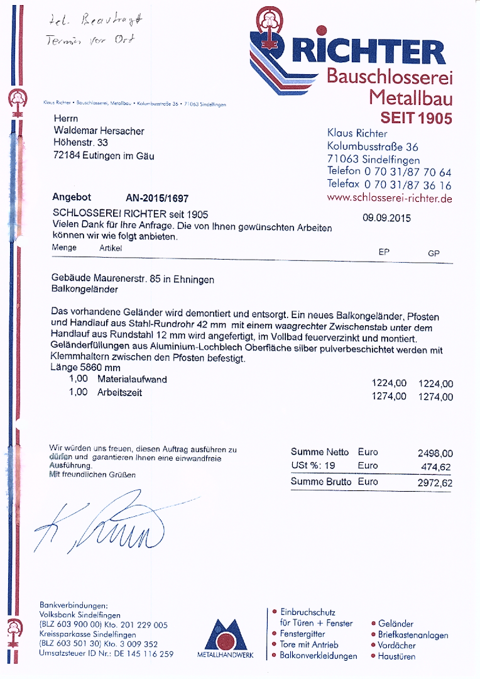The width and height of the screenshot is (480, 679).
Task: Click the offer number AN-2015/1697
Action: tap(157, 197)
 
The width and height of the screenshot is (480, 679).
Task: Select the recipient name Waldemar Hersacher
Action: tap(99, 131)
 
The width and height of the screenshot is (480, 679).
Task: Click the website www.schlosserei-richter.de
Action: tap(390, 198)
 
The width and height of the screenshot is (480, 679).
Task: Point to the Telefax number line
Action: tap(389, 185)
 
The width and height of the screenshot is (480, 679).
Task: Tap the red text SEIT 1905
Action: tap(416, 118)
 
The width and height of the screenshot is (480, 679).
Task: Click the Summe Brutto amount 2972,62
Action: tap(435, 483)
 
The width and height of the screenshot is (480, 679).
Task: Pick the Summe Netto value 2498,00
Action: tap(435, 453)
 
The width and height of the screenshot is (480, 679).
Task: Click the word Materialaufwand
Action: tap(132, 380)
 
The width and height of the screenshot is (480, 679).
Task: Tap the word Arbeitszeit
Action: tap(119, 393)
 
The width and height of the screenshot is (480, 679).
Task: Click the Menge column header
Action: tap(64, 248)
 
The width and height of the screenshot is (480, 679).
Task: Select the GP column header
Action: tap(434, 253)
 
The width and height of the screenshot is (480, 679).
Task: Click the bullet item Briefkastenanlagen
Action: tap(413, 635)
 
